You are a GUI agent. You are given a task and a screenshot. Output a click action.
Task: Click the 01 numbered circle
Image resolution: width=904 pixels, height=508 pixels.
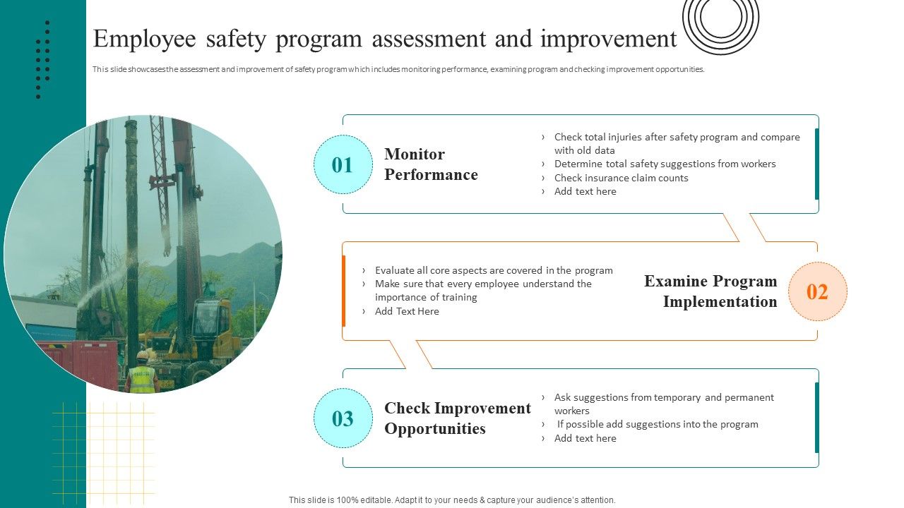(343, 165)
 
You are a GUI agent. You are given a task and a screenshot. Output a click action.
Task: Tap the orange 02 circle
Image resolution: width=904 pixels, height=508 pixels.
(817, 291)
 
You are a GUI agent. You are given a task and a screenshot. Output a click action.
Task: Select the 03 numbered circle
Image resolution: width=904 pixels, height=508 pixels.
(343, 418)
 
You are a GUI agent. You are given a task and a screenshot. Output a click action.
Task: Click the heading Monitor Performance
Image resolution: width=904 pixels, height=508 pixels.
(431, 164)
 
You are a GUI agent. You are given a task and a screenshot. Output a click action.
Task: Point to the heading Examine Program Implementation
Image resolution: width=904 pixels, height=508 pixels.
(710, 291)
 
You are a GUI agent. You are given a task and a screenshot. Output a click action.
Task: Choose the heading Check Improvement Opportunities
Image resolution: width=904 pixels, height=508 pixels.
(457, 418)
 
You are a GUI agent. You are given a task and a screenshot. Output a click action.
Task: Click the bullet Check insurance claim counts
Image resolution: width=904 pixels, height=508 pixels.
(621, 178)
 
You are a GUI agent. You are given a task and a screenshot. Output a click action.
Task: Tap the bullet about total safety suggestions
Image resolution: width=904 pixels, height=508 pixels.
(665, 164)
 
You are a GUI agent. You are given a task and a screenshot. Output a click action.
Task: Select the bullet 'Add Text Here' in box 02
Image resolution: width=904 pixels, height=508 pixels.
(407, 311)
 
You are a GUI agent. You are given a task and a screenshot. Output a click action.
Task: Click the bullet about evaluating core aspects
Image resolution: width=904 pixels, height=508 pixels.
(494, 270)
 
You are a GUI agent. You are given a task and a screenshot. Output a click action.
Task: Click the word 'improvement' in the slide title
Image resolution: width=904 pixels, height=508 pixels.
(608, 40)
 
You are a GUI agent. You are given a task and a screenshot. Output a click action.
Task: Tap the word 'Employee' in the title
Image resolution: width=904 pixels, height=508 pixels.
(144, 40)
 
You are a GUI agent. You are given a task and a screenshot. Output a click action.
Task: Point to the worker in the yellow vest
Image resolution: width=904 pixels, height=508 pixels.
(142, 374)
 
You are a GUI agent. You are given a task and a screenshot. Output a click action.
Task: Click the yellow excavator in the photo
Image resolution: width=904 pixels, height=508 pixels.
(205, 332)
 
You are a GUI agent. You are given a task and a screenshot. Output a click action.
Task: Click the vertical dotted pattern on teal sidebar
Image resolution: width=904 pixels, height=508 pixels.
(43, 60)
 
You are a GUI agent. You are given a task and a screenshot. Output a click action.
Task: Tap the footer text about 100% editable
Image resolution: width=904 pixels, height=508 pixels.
(452, 500)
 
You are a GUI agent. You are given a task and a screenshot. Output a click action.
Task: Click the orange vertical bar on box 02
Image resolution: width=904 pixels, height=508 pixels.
(344, 291)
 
